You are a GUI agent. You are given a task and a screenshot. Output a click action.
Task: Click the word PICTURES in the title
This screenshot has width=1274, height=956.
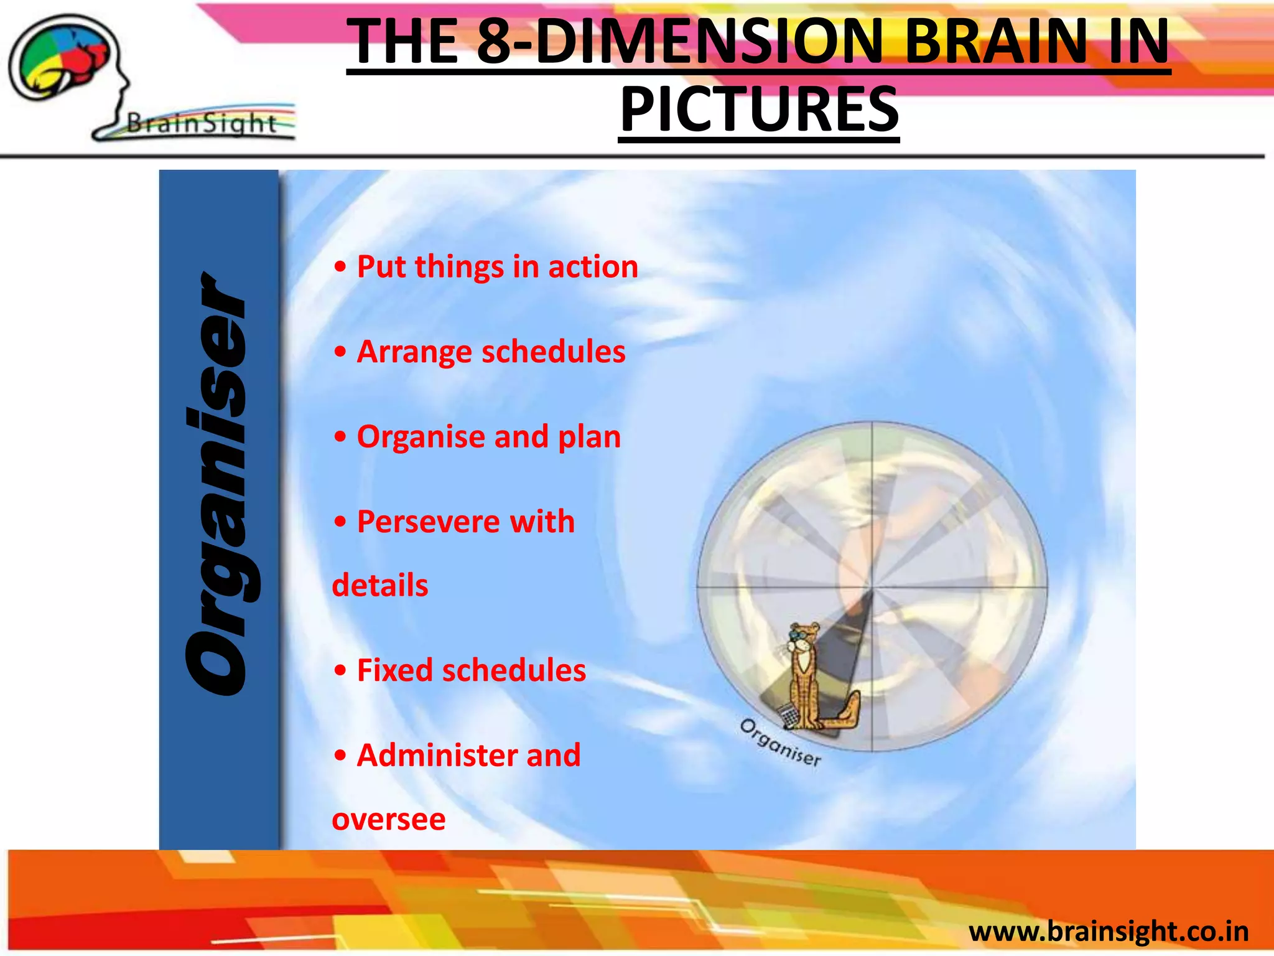[759, 110]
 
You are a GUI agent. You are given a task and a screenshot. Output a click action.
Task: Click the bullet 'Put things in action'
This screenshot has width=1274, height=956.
[496, 266]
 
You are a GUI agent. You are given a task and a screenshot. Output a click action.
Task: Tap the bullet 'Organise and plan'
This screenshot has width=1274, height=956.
[488, 436]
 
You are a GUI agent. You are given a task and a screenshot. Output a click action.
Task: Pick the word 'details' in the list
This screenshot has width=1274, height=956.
[380, 586]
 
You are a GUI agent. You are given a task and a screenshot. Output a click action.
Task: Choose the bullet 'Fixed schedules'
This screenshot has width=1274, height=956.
[471, 670]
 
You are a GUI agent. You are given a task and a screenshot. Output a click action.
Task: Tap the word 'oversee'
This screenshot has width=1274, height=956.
[389, 820]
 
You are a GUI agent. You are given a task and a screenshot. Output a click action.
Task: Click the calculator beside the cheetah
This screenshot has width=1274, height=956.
[788, 715]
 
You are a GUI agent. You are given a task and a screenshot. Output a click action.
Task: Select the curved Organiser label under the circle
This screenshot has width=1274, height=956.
[781, 743]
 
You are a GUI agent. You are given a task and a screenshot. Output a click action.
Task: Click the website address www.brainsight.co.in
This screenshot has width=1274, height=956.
[1109, 932]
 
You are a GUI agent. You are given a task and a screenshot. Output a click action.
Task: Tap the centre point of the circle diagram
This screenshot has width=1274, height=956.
[872, 587]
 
